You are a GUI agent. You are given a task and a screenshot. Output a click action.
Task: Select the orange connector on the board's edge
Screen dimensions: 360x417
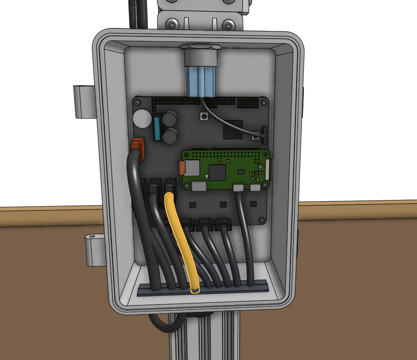[x=138, y=149]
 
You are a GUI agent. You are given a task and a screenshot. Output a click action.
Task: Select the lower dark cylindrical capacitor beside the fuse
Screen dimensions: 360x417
[x=170, y=136]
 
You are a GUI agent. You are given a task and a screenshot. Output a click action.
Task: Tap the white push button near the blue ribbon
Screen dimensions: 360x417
[x=204, y=117]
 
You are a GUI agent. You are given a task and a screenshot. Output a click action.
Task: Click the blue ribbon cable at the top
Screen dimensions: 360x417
[x=202, y=81]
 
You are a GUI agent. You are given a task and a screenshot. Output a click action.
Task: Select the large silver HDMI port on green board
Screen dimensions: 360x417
[x=199, y=186]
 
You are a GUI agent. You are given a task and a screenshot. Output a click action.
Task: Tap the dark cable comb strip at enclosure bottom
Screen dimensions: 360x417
[x=202, y=288]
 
